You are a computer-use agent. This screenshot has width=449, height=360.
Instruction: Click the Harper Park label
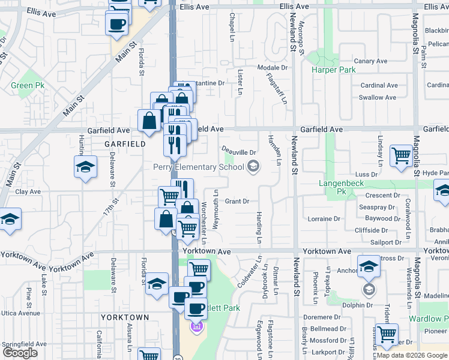click(x=333, y=70)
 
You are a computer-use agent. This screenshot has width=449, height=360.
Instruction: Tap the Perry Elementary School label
click(x=198, y=167)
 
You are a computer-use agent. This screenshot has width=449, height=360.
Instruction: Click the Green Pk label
click(x=22, y=85)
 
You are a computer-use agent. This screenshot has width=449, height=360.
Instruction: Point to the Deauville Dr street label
click(x=239, y=153)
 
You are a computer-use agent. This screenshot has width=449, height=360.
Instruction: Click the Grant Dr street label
click(x=237, y=202)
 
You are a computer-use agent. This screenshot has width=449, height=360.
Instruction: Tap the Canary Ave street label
click(x=370, y=61)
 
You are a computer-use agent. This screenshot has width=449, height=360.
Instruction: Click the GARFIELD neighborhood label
click(x=125, y=144)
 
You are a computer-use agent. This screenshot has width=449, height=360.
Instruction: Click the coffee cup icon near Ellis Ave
click(x=116, y=24)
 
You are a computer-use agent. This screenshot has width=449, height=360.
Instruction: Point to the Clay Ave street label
click(x=28, y=192)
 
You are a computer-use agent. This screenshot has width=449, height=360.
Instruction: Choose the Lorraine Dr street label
click(x=324, y=220)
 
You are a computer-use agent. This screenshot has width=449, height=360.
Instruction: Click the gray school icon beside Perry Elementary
click(x=253, y=167)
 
